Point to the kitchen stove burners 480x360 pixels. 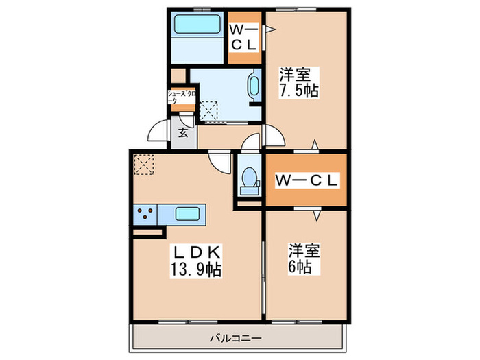tap(146, 214)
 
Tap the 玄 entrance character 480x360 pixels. tap(184, 133)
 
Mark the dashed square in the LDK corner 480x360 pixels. tap(143, 165)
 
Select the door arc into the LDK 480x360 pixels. tap(219, 163)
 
